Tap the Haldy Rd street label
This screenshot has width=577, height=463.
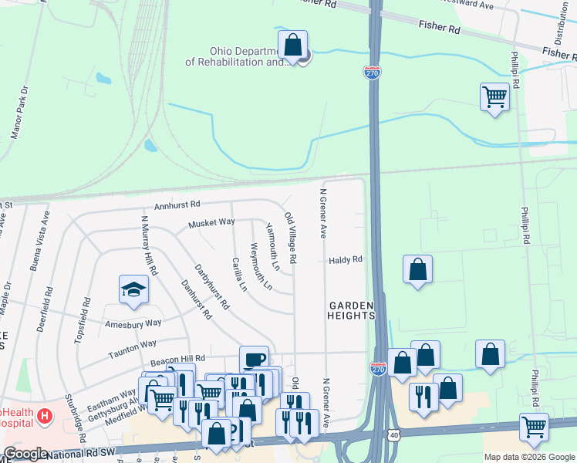346,260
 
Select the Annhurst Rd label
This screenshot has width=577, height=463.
177,204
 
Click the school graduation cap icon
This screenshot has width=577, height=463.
133,290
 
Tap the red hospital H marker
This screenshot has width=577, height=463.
45,417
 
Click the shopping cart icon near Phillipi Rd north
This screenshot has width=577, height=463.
494,97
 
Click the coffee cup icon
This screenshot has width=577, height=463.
255,360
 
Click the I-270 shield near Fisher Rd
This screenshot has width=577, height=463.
372,73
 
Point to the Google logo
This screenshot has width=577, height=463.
26,454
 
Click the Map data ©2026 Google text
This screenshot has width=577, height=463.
528,457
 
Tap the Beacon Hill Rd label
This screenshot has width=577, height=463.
179,359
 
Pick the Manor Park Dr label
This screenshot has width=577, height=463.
19,113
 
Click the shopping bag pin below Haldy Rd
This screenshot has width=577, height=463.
417,269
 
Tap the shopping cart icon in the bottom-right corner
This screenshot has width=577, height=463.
534,426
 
